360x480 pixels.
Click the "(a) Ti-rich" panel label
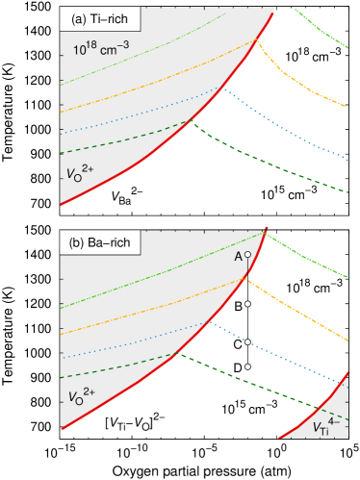(100, 20)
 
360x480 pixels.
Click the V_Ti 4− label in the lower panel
(327, 425)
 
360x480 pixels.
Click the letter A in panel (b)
(238, 257)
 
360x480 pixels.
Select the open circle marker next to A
(247, 255)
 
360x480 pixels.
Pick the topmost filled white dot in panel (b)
(247, 304)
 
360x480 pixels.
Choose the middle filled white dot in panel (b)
(247, 341)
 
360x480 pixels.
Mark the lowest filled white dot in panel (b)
(247, 366)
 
